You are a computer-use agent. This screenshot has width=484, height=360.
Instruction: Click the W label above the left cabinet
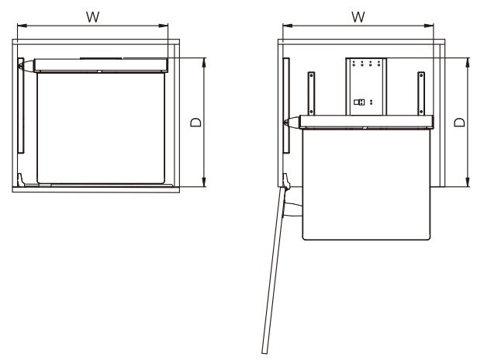point(93,16)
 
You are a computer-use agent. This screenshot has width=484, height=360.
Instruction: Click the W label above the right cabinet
point(358,16)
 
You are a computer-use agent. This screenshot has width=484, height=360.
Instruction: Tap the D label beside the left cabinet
point(195,123)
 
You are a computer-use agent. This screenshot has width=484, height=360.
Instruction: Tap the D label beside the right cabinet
point(459,123)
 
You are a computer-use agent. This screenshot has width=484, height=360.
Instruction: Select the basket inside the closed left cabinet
point(101,128)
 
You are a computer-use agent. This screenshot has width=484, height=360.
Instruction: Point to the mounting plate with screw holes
point(366,86)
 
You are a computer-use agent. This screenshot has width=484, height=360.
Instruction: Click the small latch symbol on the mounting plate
point(359,102)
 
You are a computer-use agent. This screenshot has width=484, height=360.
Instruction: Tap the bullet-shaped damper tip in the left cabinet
point(26,66)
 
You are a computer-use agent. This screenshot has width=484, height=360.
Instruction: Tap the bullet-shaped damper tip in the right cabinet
point(292,122)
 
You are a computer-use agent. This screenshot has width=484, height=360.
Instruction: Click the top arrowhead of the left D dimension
point(204,62)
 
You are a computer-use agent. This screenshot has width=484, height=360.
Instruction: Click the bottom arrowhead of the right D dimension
point(468,182)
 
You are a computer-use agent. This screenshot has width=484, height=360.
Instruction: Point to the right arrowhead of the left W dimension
point(164,26)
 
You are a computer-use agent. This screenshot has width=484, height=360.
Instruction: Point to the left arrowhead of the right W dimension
point(287,26)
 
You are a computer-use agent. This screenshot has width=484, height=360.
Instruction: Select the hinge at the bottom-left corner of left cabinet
point(20,180)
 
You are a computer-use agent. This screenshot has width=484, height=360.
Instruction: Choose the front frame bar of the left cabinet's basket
point(101,65)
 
